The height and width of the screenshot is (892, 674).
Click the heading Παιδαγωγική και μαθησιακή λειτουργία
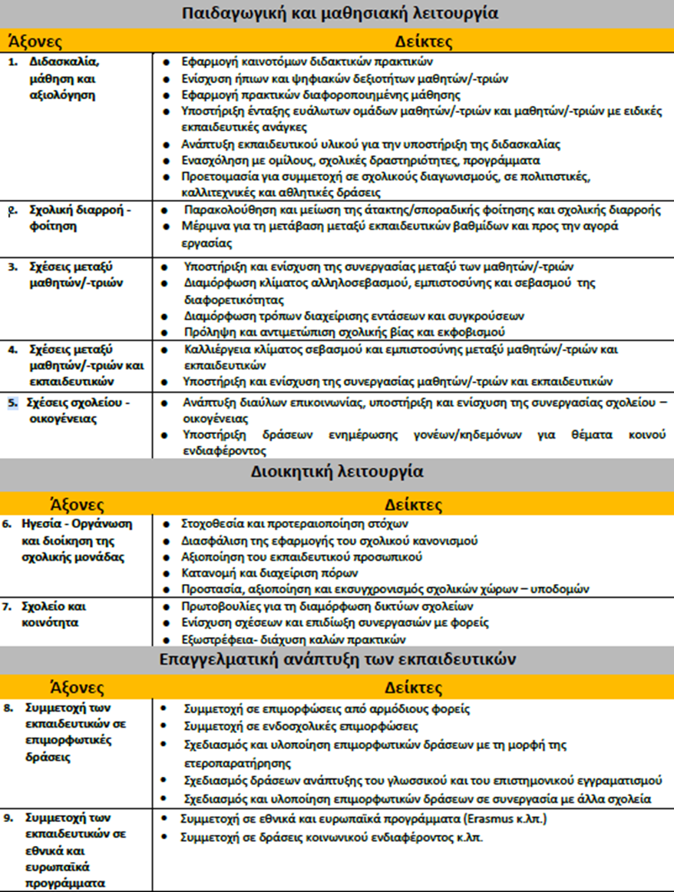coord(337,13)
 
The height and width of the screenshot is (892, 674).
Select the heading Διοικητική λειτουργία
coord(337,471)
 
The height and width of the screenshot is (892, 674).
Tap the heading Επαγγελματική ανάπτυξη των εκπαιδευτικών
coord(337,659)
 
